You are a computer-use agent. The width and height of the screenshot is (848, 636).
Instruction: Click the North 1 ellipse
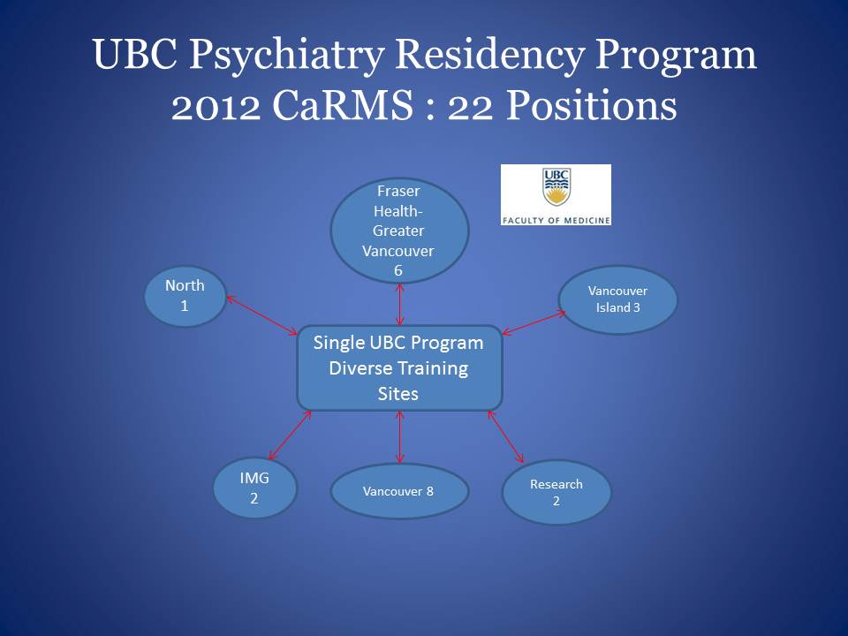click(185, 297)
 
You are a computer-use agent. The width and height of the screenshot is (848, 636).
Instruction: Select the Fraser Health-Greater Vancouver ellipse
click(399, 231)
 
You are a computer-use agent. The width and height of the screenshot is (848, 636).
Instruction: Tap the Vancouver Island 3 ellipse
click(617, 299)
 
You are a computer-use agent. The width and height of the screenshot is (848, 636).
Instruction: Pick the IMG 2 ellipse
click(254, 488)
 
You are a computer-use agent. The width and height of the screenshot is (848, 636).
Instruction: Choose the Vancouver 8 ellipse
click(399, 491)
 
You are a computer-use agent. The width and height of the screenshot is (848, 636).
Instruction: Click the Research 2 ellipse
click(556, 492)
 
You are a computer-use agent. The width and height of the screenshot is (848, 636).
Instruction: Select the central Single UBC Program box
click(399, 367)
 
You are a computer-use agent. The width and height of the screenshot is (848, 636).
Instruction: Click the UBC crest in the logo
click(556, 187)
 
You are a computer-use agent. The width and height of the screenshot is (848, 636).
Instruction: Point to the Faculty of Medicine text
click(556, 220)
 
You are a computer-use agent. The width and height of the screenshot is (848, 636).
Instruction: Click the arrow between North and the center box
click(261, 315)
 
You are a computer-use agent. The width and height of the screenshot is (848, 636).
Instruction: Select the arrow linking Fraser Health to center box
click(399, 305)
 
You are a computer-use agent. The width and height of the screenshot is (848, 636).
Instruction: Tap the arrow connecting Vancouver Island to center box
click(534, 322)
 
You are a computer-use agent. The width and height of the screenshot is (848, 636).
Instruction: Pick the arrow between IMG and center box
click(290, 435)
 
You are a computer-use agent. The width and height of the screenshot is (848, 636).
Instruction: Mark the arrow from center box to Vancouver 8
click(399, 437)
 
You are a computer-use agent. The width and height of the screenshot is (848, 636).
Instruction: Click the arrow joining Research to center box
click(505, 436)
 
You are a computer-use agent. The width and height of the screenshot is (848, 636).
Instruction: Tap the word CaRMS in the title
click(343, 105)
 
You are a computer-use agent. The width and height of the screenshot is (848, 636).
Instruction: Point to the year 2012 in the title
click(216, 106)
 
